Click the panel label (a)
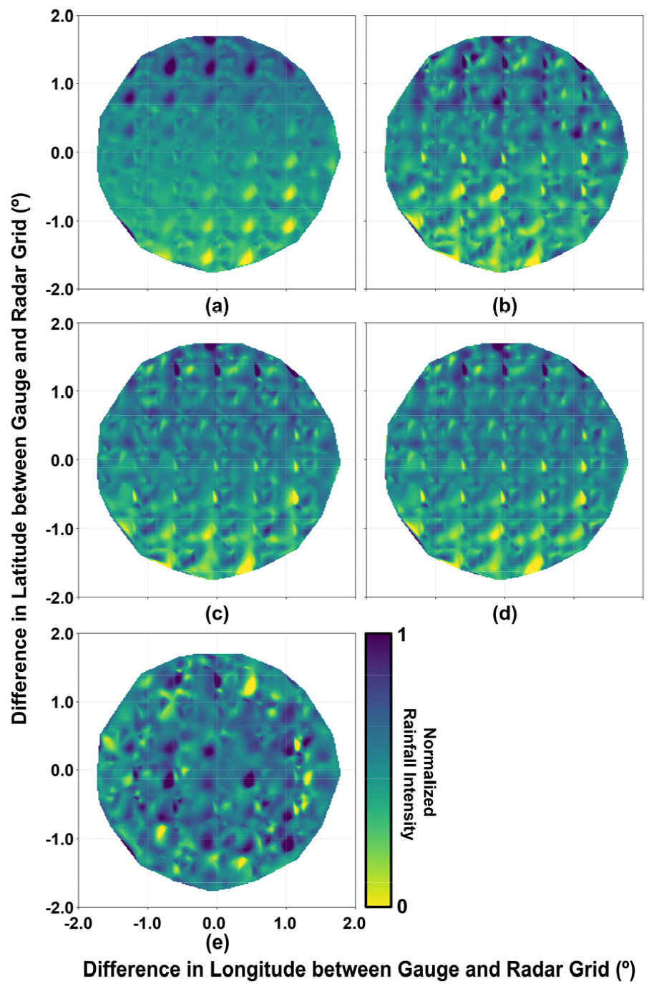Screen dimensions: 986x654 click(x=217, y=307)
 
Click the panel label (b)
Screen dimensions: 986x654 click(x=504, y=307)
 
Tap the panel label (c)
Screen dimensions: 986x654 click(x=217, y=614)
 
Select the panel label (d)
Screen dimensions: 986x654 click(x=504, y=614)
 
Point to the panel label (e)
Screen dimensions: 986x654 click(x=217, y=943)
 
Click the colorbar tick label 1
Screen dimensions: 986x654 click(x=402, y=635)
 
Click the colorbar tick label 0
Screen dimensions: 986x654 click(x=402, y=906)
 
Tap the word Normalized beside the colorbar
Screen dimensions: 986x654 click(x=429, y=772)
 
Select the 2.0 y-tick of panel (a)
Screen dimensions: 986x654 click(x=62, y=16)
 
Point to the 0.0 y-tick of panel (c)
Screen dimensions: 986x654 click(x=62, y=460)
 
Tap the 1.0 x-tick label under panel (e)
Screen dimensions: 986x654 click(x=285, y=923)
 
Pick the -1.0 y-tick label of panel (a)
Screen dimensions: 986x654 click(x=59, y=221)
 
